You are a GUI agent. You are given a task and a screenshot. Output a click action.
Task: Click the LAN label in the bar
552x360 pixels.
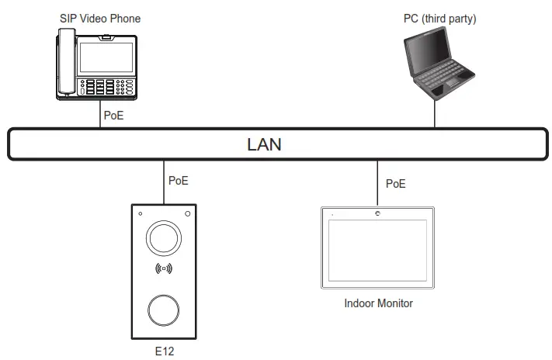tap(264, 144)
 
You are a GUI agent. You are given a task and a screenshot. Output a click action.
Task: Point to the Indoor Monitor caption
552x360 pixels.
tap(378, 303)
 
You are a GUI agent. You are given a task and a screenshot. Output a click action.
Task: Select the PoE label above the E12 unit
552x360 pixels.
tap(179, 181)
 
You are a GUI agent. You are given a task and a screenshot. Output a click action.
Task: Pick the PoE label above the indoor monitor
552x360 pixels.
tap(396, 184)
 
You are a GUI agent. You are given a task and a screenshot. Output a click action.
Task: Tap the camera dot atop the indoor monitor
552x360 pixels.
tap(377, 213)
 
